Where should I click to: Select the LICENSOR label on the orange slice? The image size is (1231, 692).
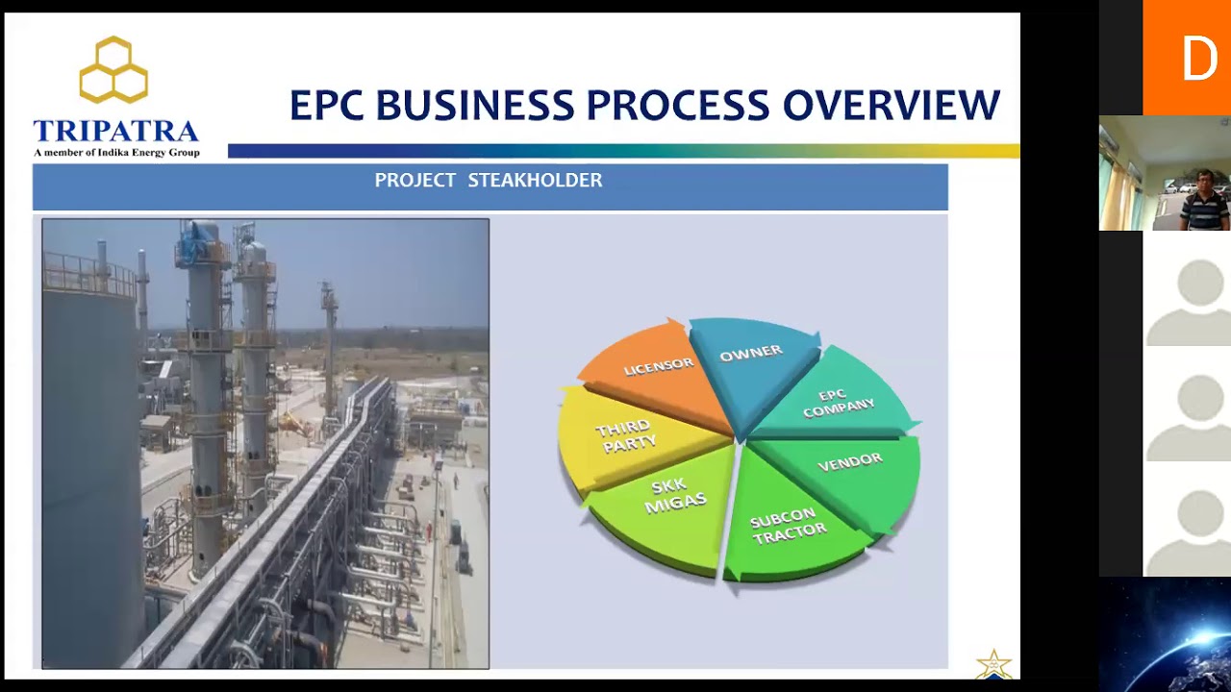pos(659,366)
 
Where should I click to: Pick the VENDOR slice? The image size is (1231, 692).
pos(849,462)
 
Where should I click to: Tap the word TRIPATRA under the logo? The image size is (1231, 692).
pos(115,132)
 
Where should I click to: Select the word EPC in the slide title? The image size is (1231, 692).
pos(327,106)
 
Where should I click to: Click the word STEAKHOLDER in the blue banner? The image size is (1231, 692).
pos(535,181)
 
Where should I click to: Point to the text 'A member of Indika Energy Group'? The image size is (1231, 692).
pos(116,153)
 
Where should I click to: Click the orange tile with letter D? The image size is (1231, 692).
pos(1187,58)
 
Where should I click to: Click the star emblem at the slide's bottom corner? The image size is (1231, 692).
pos(993,664)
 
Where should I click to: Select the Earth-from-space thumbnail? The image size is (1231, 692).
pos(1165,634)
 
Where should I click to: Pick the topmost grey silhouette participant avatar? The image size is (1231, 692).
pos(1187,302)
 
